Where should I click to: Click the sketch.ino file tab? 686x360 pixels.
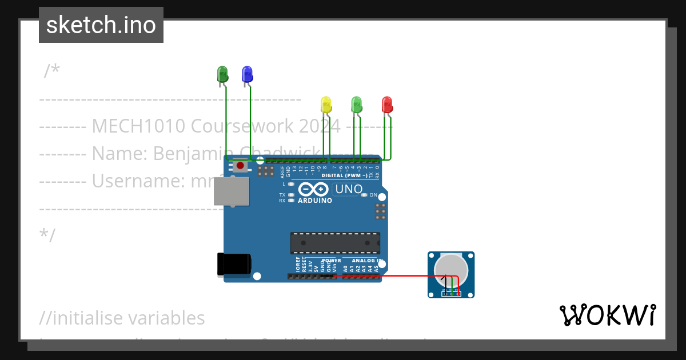coord(101,25)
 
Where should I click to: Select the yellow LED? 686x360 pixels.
coord(326,105)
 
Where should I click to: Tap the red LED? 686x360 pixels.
coord(387,105)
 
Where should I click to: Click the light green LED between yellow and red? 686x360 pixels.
coord(357,105)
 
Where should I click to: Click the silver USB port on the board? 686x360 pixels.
coord(232,191)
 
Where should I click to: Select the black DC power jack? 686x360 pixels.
coord(233,265)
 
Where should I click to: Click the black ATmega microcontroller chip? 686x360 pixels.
coord(335,242)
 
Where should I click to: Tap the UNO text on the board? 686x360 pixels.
coord(349,189)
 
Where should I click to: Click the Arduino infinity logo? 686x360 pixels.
coord(313,189)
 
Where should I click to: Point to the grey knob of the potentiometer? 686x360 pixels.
coord(451,267)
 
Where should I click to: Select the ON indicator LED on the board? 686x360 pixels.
coord(364,195)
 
